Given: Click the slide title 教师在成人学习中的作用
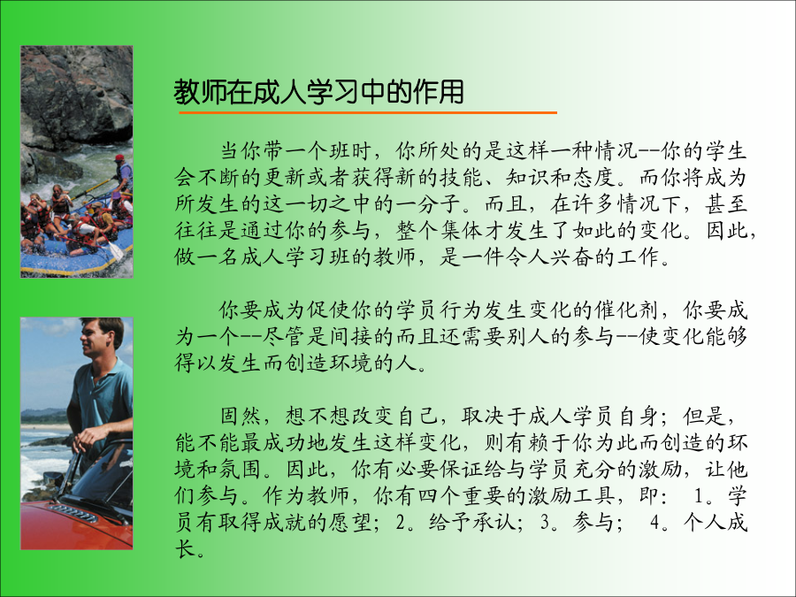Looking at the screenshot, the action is (318, 92).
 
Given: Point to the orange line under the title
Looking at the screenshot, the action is (368, 112).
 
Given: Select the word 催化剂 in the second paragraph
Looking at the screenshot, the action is (628, 310).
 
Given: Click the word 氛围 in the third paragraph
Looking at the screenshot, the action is (241, 469).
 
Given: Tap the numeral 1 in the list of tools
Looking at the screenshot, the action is (699, 496).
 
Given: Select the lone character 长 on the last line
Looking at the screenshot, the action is (186, 548).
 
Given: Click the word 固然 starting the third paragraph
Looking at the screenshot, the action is (241, 417).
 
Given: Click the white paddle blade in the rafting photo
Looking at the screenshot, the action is (116, 250).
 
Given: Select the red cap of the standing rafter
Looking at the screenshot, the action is (119, 157).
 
